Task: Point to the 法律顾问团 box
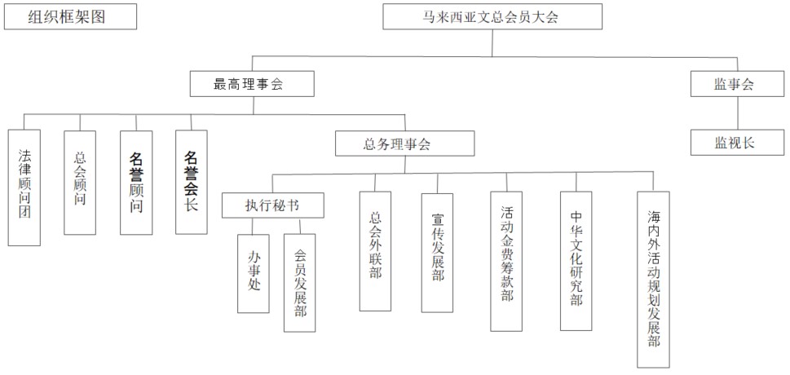(x=24, y=187)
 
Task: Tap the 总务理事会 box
(x=405, y=144)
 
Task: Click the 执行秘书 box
(x=272, y=205)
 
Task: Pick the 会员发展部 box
(x=299, y=282)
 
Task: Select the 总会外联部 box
(x=375, y=251)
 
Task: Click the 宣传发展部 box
(x=437, y=252)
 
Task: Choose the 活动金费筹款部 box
(x=506, y=261)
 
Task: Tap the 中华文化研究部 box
(x=576, y=261)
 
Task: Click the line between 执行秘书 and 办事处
(x=254, y=226)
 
